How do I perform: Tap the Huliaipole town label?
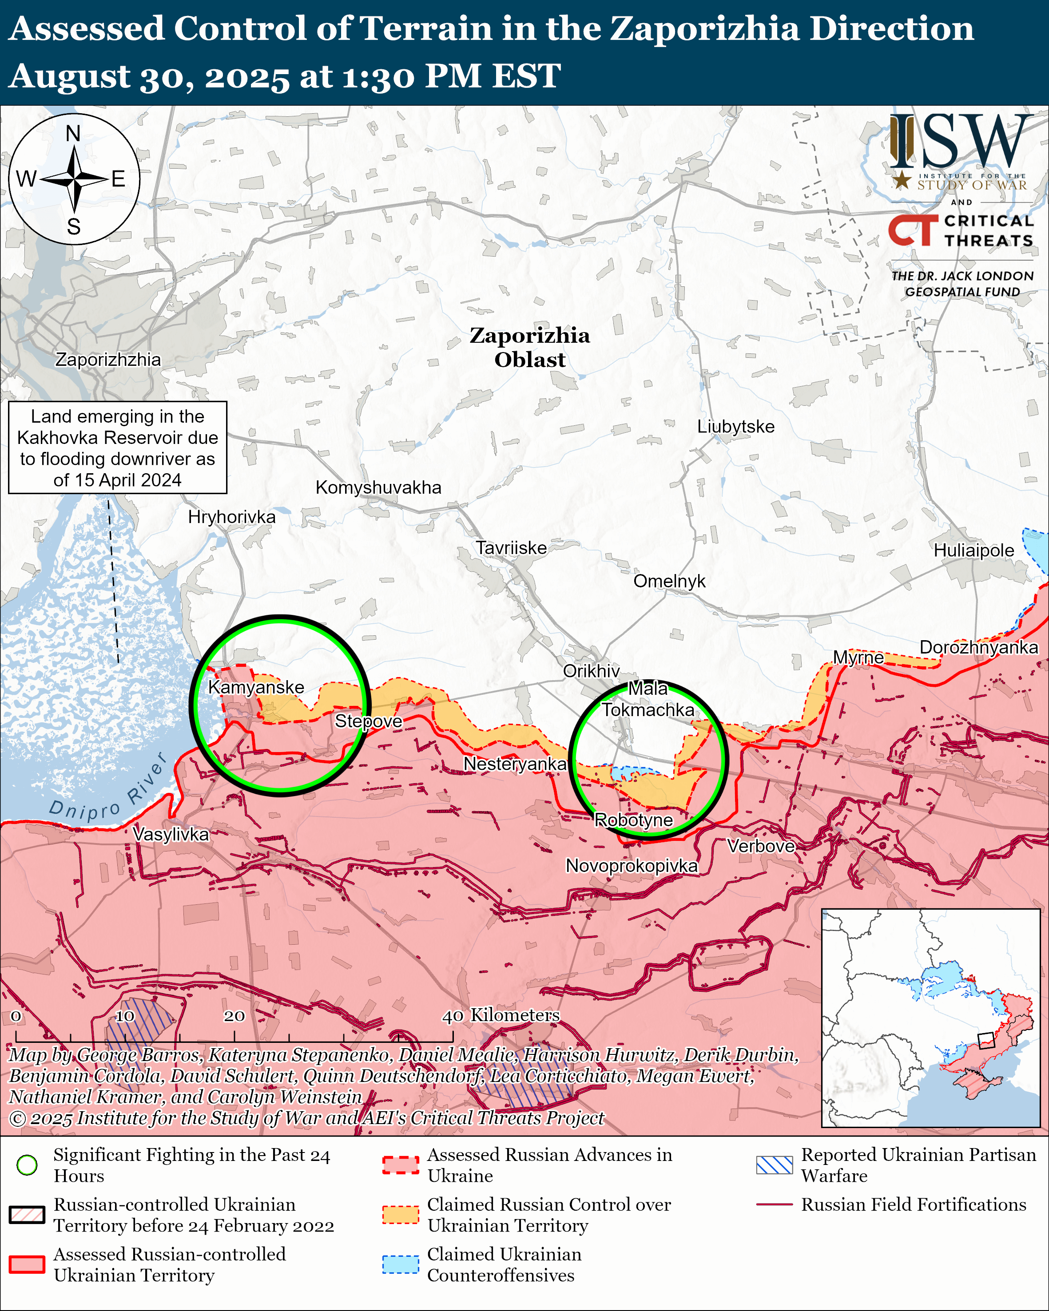click(x=973, y=551)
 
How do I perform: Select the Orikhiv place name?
click(x=591, y=671)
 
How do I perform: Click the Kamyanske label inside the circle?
click(x=255, y=687)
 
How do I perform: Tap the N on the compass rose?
click(x=73, y=133)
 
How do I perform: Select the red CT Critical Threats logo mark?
click(x=912, y=230)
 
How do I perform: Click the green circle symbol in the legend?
click(x=27, y=1165)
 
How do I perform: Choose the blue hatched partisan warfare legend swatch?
click(x=774, y=1165)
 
